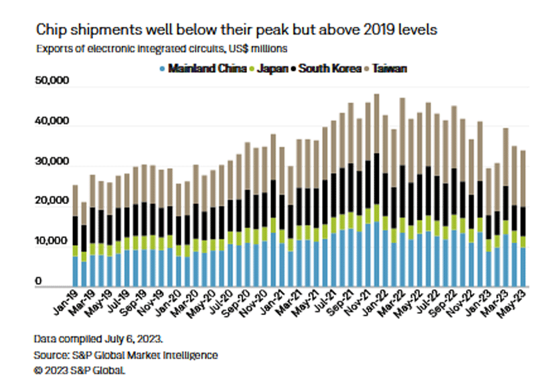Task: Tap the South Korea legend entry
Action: pos(329,68)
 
